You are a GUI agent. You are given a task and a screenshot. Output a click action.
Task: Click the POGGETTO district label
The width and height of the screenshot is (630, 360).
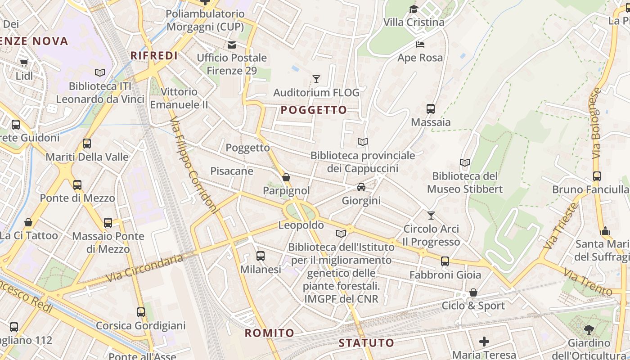point(314,110)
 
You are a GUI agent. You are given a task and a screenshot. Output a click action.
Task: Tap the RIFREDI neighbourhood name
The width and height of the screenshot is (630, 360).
point(154,55)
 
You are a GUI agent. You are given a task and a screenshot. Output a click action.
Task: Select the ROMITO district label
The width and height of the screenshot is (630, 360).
point(269,333)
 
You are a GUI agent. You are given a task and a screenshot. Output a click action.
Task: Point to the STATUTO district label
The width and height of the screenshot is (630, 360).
point(366,342)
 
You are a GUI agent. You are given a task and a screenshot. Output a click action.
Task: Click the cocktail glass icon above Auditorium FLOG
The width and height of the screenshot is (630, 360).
point(316,79)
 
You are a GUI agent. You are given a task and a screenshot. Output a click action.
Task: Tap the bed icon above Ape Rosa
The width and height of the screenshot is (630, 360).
point(420,45)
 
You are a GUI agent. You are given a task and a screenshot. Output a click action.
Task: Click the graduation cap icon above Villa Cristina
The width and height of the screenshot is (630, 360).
point(413,9)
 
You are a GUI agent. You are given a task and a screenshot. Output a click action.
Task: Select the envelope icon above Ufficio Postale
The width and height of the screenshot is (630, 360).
point(232,45)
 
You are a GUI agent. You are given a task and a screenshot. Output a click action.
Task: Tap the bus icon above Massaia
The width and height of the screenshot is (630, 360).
point(431,108)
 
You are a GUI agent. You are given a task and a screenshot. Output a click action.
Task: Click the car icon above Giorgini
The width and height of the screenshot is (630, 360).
point(361,187)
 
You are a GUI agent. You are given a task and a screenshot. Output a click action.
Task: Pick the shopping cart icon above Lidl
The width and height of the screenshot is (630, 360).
point(24,63)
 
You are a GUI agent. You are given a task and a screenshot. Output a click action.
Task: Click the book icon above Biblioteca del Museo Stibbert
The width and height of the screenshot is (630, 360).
point(465,162)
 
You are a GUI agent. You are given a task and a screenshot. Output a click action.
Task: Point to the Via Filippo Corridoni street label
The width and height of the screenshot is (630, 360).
point(194,165)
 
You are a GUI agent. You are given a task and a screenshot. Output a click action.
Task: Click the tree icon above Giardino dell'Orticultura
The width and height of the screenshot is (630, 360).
point(589,330)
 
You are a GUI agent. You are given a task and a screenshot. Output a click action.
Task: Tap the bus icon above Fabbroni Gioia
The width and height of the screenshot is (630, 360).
point(445,261)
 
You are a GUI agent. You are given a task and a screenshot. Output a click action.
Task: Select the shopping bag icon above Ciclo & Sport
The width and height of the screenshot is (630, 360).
point(473,292)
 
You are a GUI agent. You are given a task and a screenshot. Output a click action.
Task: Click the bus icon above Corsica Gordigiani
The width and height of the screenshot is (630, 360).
point(141,312)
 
